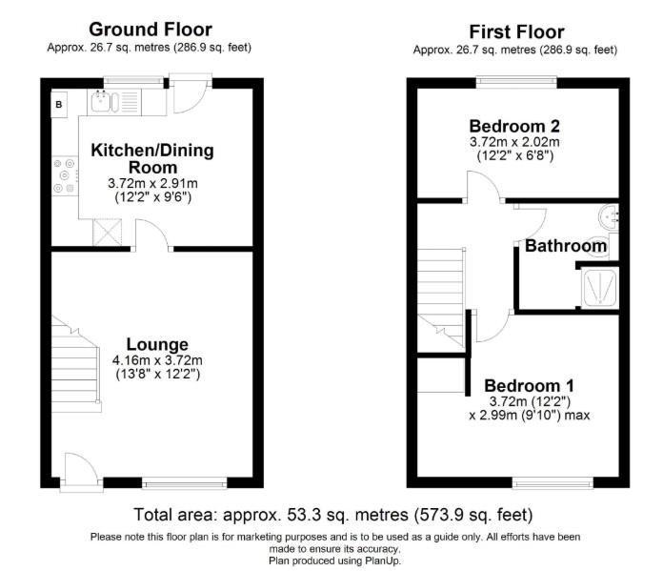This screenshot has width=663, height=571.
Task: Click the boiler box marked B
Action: [x=59, y=104]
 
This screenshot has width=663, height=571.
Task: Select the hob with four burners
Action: [x=65, y=174]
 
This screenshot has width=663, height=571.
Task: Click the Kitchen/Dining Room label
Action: [x=152, y=158]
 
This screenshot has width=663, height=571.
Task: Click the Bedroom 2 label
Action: [x=514, y=126]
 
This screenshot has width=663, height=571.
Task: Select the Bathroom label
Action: [x=566, y=246]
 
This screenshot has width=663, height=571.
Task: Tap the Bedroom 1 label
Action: [x=529, y=385]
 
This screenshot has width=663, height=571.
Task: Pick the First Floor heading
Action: [x=515, y=31]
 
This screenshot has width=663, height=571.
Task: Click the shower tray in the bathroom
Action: [x=599, y=287]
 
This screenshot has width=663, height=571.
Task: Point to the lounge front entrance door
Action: [x=81, y=472]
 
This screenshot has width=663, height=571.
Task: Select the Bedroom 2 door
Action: [x=484, y=190]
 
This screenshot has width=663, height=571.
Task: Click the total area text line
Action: [x=332, y=514]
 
